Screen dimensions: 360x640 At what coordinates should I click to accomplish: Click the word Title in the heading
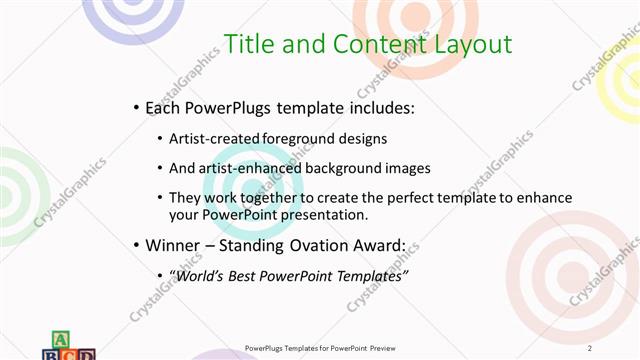coord(247,44)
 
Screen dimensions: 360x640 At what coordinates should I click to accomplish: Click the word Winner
coord(172,244)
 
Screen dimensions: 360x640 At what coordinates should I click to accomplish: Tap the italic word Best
coord(246,275)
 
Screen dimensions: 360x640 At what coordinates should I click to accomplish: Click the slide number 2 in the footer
coord(590,348)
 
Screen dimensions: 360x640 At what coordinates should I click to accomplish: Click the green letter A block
coord(58,339)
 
